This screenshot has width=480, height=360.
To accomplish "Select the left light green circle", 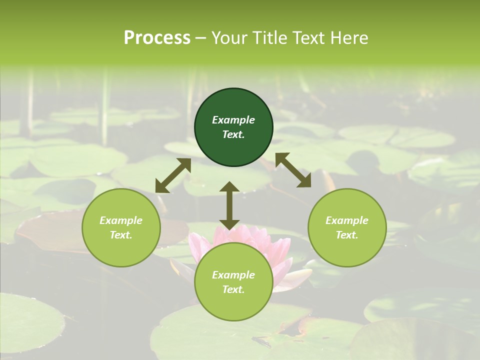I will coord(121,227).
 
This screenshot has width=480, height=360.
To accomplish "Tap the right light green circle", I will coord(347,227).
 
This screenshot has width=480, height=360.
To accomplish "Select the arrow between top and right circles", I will coord(293,170).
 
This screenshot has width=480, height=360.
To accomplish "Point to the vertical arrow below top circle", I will coord(229,205).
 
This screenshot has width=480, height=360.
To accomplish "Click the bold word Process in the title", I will coord(157,38).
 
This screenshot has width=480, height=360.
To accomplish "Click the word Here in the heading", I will coord(349,38).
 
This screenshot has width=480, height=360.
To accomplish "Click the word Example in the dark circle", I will coord(233,120).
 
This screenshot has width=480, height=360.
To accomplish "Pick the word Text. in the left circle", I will coord(121,235).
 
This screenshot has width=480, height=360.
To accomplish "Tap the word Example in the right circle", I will coord(347,220).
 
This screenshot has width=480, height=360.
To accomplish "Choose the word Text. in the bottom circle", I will coord(233,289).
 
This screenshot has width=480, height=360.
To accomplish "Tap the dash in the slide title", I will coord(201,38).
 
